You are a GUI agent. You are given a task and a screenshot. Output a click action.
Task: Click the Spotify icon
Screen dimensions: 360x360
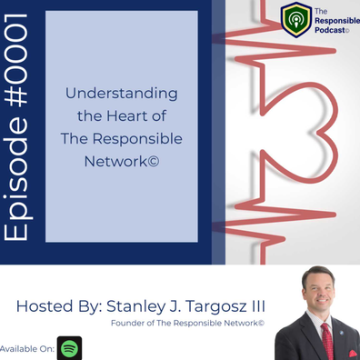click(x=69, y=348)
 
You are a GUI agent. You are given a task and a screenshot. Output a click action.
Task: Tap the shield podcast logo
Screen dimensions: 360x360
click(x=296, y=20)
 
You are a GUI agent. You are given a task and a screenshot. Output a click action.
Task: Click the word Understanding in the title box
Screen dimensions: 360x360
click(x=122, y=94)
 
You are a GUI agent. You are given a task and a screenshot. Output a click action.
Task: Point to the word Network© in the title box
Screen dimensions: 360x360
click(x=122, y=161)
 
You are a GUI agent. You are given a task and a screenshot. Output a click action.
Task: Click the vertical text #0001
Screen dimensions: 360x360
click(x=15, y=61)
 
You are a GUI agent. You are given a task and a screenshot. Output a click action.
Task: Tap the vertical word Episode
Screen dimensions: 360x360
click(x=17, y=178)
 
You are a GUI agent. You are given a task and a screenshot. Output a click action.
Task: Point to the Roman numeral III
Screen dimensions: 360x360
click(x=258, y=306)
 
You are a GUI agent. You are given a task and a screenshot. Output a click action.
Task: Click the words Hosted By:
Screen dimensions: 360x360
click(x=59, y=306)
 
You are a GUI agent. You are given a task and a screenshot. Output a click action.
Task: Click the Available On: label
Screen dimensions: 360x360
click(x=27, y=348)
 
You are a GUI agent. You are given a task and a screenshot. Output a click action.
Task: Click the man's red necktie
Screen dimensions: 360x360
click(x=327, y=341)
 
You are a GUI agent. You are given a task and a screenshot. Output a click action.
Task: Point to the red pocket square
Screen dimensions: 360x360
click(x=353, y=354)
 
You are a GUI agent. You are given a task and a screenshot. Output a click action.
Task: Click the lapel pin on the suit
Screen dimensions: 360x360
click(x=342, y=333)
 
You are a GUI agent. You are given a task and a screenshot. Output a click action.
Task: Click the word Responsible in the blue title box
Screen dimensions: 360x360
click(x=137, y=139)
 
